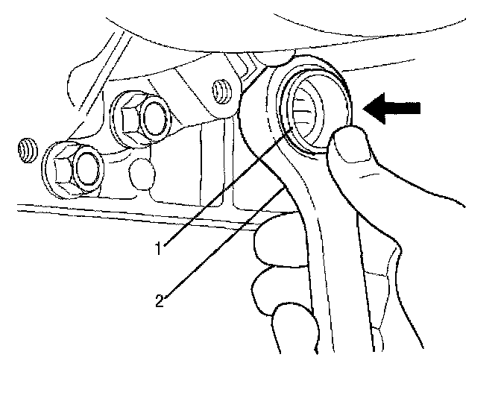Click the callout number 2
tap(160, 300)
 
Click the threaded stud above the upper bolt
tap(219, 89)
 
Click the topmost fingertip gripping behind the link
tap(268, 239)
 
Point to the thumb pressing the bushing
tap(358, 160)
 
